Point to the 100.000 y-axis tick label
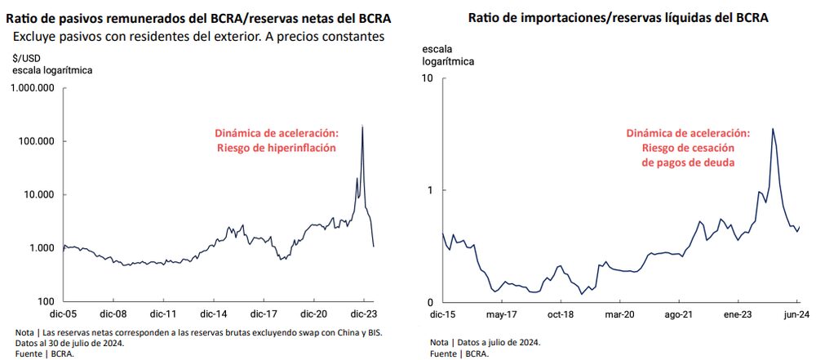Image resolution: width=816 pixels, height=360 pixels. (37, 141)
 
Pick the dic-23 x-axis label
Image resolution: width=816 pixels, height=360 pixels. (363, 313)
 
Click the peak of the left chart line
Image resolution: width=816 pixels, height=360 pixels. (362, 127)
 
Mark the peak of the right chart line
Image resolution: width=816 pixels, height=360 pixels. (773, 128)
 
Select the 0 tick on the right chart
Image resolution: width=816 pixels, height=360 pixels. (430, 301)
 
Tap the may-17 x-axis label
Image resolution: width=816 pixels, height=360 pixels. (502, 313)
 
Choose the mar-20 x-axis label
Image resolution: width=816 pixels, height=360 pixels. (619, 313)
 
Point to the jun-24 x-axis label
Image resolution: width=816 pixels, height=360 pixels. (795, 313)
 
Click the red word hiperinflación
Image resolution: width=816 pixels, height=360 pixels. (306, 148)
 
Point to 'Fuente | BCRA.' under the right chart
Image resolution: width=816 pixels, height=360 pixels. (460, 353)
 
